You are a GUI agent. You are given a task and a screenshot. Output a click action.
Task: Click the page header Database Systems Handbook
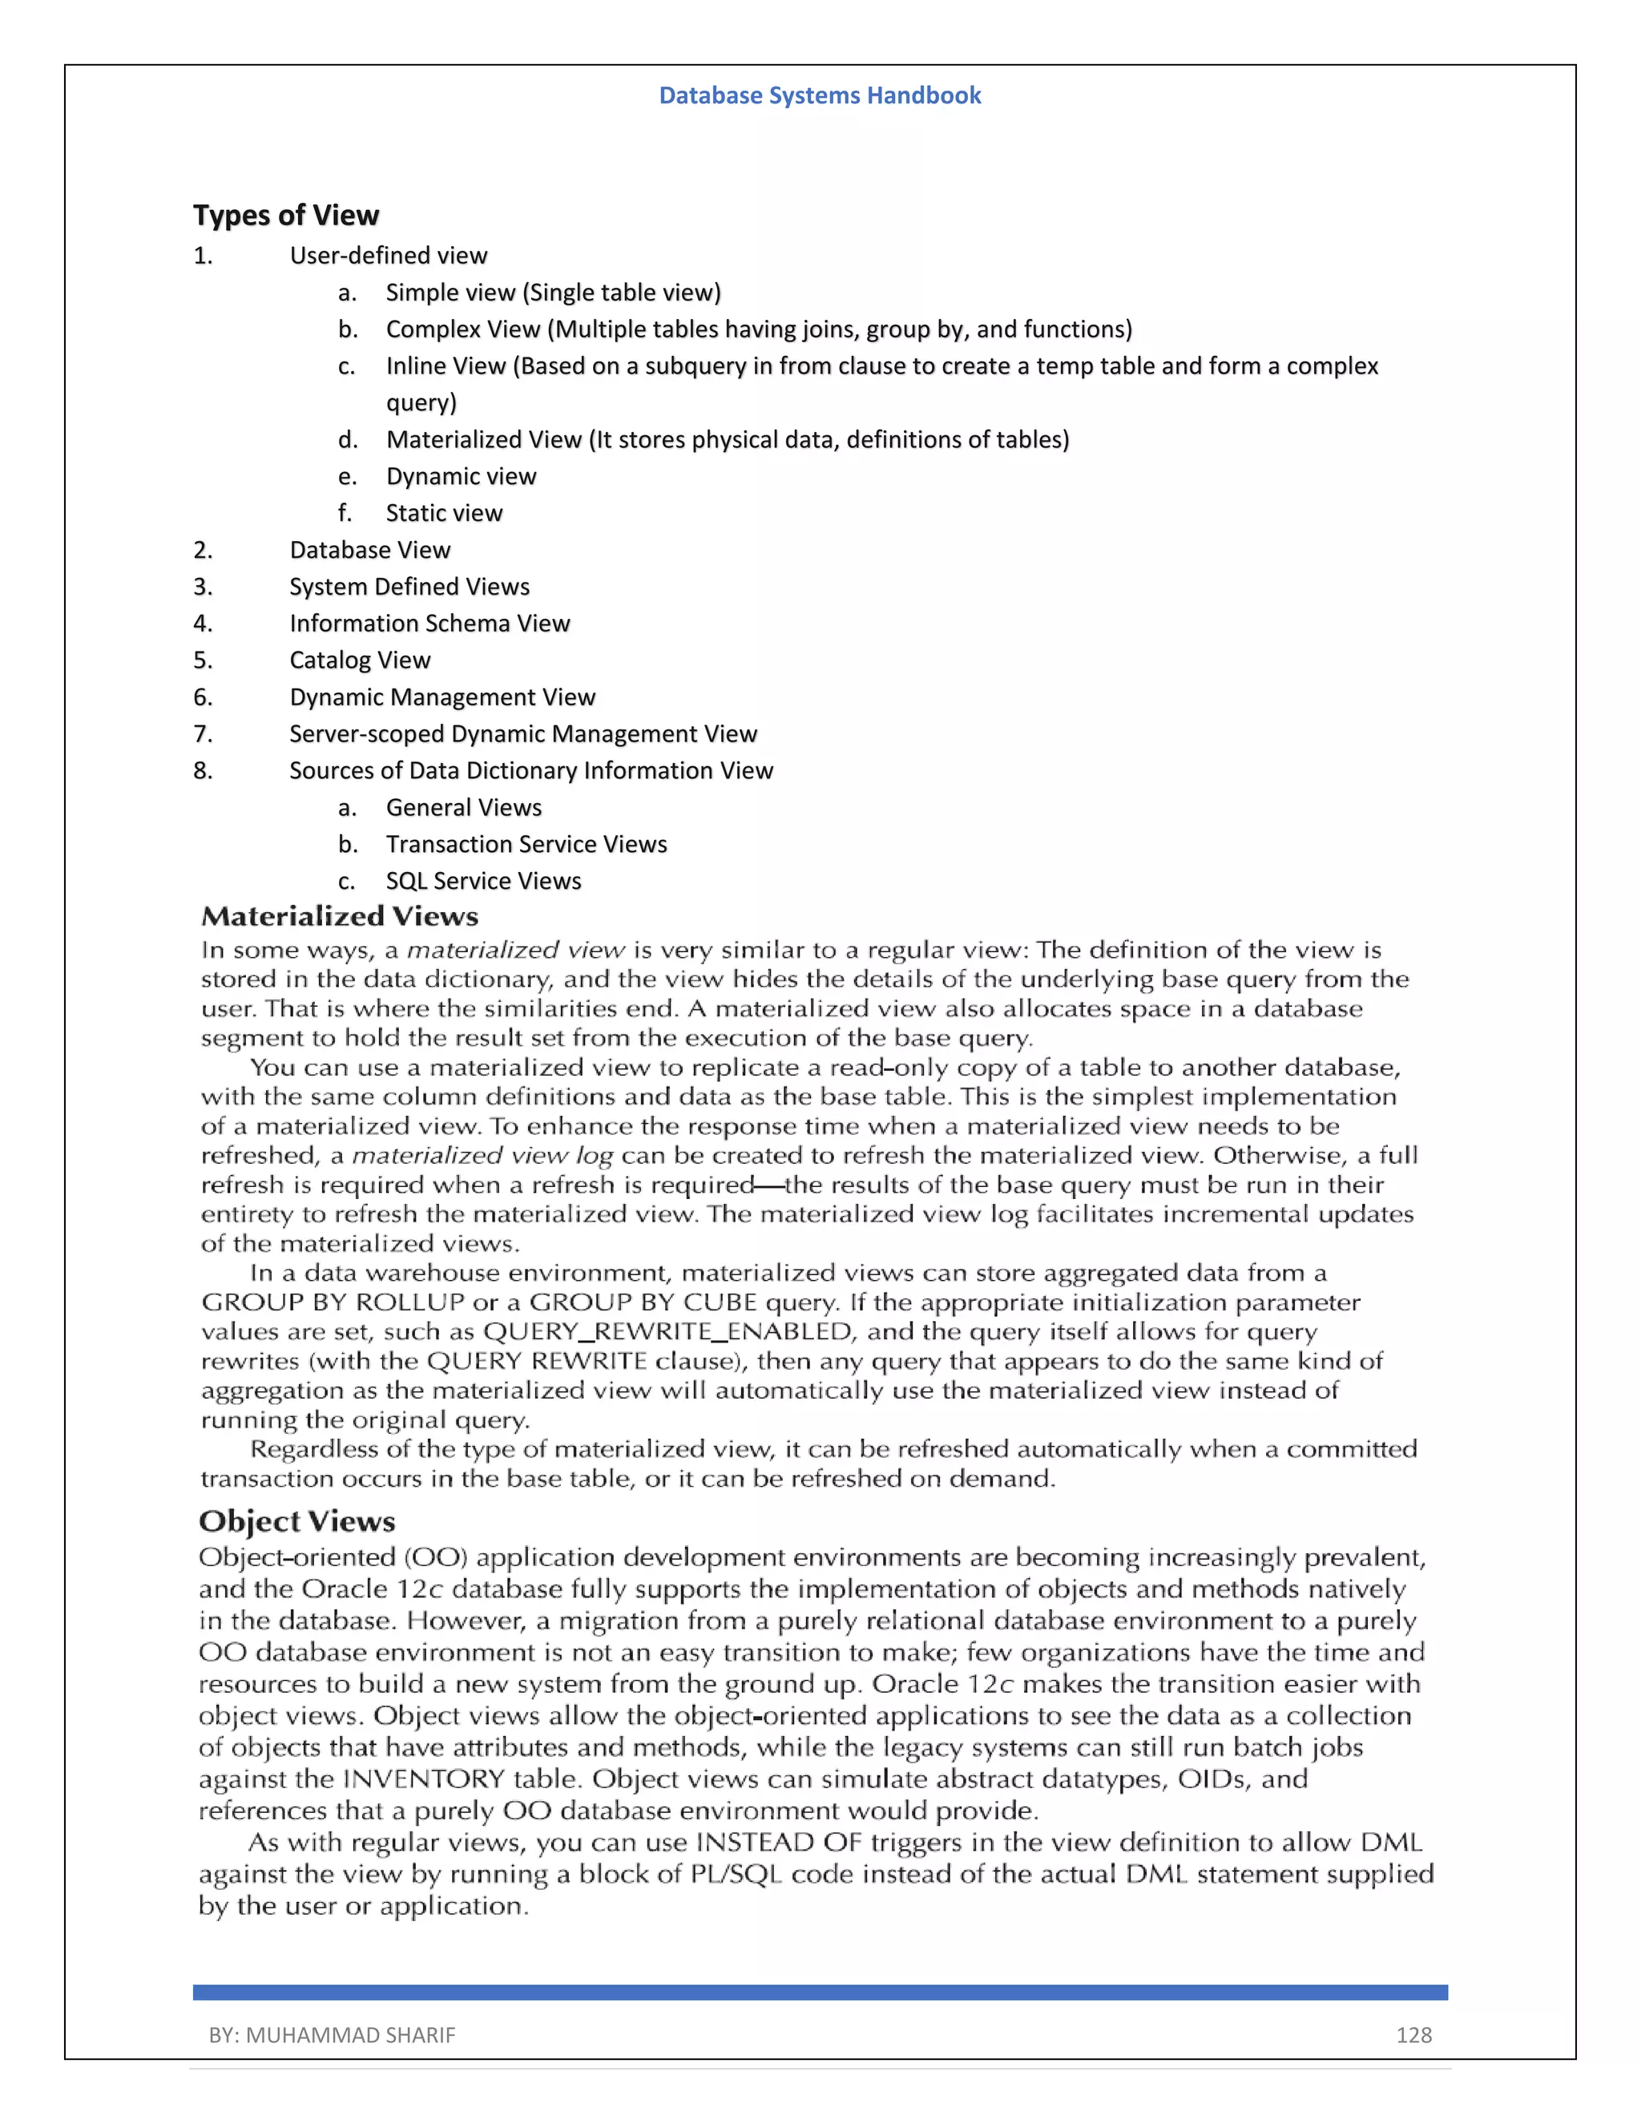[x=820, y=95]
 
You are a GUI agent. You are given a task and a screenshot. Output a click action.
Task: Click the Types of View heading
[x=286, y=215]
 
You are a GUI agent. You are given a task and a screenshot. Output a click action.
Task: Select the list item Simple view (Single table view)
[x=553, y=293]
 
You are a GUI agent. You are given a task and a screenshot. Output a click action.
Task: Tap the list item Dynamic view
[x=461, y=477]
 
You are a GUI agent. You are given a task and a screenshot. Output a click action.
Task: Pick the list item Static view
[x=444, y=514]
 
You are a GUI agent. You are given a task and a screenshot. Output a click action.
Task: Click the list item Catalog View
[x=360, y=660]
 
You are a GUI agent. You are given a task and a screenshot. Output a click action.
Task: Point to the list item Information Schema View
[x=429, y=624]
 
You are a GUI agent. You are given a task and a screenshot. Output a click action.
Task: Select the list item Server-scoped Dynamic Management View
[x=523, y=734]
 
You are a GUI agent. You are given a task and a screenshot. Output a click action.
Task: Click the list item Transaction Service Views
[x=526, y=844]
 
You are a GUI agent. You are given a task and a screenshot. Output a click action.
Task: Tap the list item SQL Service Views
[x=483, y=881]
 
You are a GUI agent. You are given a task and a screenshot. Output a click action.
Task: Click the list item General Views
[x=464, y=808]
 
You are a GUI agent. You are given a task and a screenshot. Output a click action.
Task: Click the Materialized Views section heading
[x=339, y=917]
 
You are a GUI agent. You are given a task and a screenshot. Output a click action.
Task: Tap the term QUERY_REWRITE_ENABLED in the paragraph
[x=667, y=1331]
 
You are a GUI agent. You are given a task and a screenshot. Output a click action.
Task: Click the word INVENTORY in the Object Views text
[x=424, y=1779]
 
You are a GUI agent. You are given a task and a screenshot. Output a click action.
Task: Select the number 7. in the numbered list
[x=202, y=734]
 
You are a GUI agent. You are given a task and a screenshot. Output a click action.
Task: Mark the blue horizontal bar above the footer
[x=820, y=1993]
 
